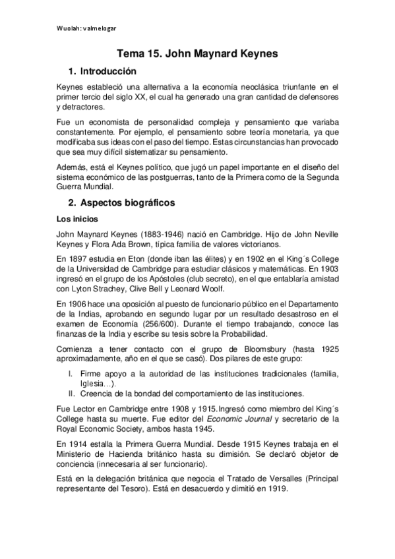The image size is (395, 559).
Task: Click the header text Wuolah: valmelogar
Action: click(x=86, y=28)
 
